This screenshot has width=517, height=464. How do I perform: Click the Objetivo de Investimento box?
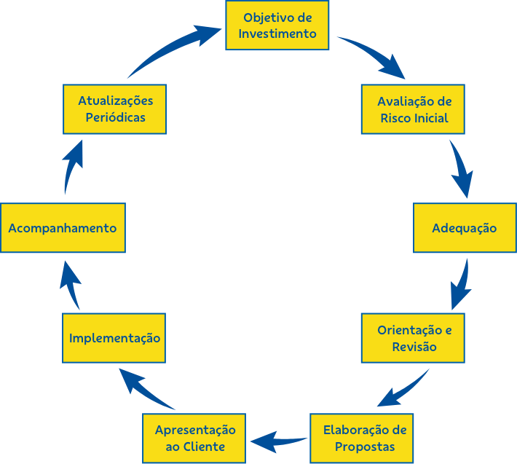point(277,25)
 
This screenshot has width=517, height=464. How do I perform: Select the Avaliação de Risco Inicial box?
point(413,109)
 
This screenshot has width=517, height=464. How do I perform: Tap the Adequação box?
point(465,228)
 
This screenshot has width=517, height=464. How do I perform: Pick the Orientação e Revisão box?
point(413,338)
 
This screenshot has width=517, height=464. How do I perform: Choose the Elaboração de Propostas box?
point(362,439)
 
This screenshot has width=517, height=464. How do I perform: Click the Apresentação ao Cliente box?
point(194,439)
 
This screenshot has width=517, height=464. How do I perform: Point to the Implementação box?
point(114,338)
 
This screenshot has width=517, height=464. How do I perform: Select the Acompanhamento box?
point(63,228)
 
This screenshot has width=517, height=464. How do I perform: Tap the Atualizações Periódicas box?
point(115,109)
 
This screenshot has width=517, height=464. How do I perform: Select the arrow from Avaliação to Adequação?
point(461,168)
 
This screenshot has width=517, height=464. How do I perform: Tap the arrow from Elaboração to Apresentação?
point(279,441)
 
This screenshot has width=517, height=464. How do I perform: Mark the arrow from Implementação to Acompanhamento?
point(70,286)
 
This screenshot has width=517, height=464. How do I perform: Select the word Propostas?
point(365,447)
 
